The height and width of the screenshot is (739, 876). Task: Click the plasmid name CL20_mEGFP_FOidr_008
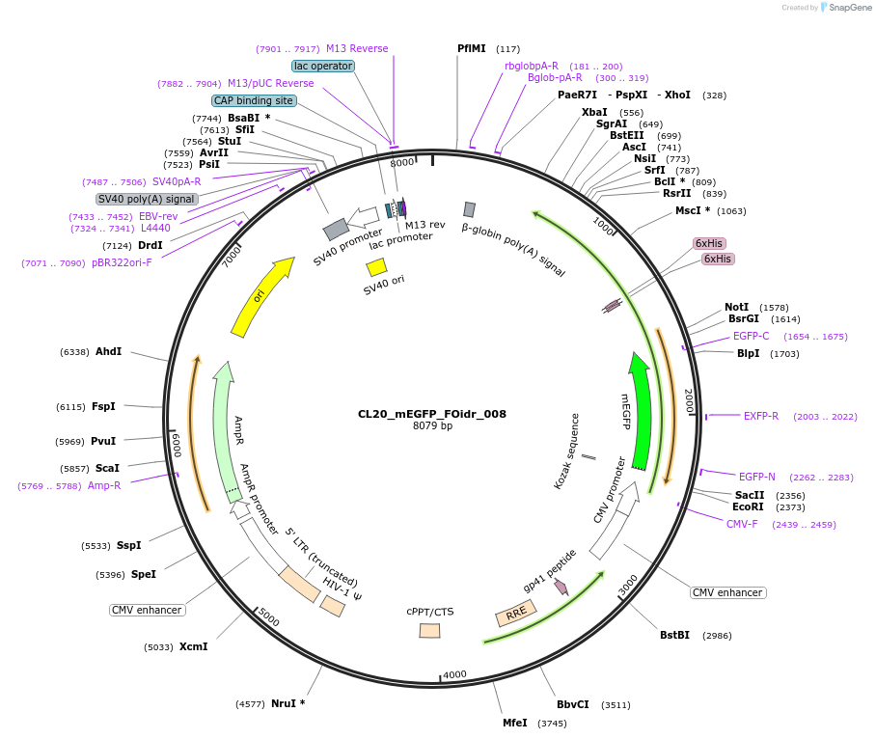(x=431, y=414)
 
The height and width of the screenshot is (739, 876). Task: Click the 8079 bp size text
(x=432, y=426)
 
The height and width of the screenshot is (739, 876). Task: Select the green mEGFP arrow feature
(x=640, y=410)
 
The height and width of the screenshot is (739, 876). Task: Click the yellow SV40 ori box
(x=376, y=267)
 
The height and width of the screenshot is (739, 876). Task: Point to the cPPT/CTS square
(x=429, y=630)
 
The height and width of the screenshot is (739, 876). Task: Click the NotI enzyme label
(x=736, y=307)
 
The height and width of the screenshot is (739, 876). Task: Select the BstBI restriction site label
(x=675, y=635)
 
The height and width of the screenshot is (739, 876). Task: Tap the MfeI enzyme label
(x=515, y=723)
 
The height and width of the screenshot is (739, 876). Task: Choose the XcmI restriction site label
(x=193, y=646)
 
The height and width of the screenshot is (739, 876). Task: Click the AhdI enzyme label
(x=108, y=351)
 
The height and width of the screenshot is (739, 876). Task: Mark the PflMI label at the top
(x=472, y=48)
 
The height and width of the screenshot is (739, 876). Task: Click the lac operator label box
(x=323, y=66)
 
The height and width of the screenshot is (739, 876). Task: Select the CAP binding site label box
(x=254, y=100)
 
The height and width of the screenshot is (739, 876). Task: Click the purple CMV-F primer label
(x=742, y=524)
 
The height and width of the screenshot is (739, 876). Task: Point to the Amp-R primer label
(x=104, y=485)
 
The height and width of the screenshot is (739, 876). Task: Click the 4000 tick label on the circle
(x=453, y=673)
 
